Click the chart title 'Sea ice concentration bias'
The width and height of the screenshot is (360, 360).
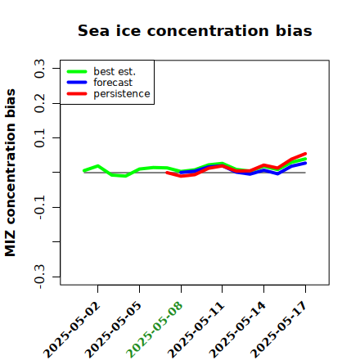(x=195, y=30)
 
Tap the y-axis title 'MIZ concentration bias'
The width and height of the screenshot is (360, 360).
(x=11, y=173)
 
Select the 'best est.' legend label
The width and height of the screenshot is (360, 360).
(x=115, y=71)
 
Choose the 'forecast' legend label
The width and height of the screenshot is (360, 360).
(x=113, y=83)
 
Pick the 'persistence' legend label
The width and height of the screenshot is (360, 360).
(x=122, y=94)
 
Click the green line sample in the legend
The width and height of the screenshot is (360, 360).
(x=77, y=71)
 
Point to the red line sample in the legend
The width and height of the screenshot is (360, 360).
(x=77, y=94)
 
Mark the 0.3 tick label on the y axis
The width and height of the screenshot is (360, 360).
(x=39, y=69)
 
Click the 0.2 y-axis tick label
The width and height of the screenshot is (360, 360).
(x=39, y=103)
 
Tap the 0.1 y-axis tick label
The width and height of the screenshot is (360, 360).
(x=39, y=138)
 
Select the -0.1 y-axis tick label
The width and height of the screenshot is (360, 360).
(x=39, y=208)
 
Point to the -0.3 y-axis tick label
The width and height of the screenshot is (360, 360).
(x=39, y=277)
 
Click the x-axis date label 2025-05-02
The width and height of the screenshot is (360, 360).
(x=73, y=330)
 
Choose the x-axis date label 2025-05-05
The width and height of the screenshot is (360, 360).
(x=114, y=330)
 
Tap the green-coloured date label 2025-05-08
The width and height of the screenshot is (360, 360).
(x=155, y=330)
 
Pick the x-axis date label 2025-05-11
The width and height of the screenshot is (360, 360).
(x=197, y=330)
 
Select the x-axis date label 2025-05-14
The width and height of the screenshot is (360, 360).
(x=238, y=330)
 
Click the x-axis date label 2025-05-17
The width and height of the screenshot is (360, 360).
(x=280, y=330)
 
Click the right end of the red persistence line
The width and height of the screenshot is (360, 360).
(x=305, y=154)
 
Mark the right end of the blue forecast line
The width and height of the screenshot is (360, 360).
(x=305, y=163)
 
